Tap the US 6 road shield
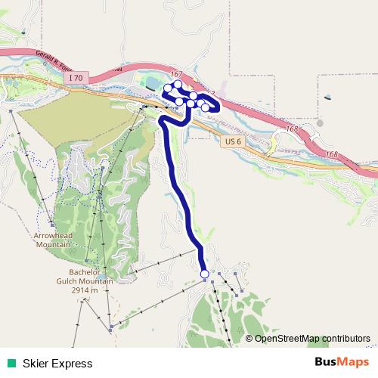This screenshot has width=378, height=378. [232, 141]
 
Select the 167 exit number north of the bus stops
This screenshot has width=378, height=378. [177, 74]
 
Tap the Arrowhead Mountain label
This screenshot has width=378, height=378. [52, 240]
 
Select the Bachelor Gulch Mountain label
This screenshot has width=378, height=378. [91, 276]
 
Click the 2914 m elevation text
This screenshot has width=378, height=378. [91, 290]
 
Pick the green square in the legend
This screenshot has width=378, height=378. [11, 363]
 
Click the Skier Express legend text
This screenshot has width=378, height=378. [57, 363]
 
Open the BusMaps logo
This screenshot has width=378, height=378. [342, 362]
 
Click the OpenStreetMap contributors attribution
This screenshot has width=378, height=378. [312, 338]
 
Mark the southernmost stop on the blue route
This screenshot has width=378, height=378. [204, 274]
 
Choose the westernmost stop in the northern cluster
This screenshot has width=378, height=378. [168, 88]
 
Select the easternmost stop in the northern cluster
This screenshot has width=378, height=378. [206, 107]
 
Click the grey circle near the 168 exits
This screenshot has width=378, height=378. [321, 122]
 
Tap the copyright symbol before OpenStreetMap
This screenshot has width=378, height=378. [249, 338]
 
